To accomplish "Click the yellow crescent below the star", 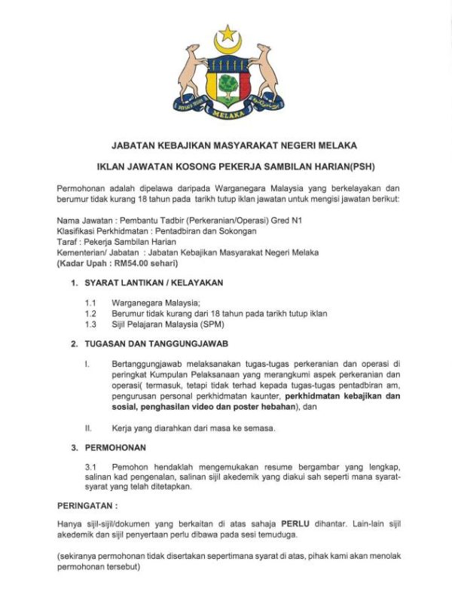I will click(x=226, y=47).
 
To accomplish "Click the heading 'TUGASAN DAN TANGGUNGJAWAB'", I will click(x=154, y=343).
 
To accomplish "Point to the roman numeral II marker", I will click(x=88, y=428).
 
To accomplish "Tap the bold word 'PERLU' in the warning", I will click(x=295, y=522).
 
